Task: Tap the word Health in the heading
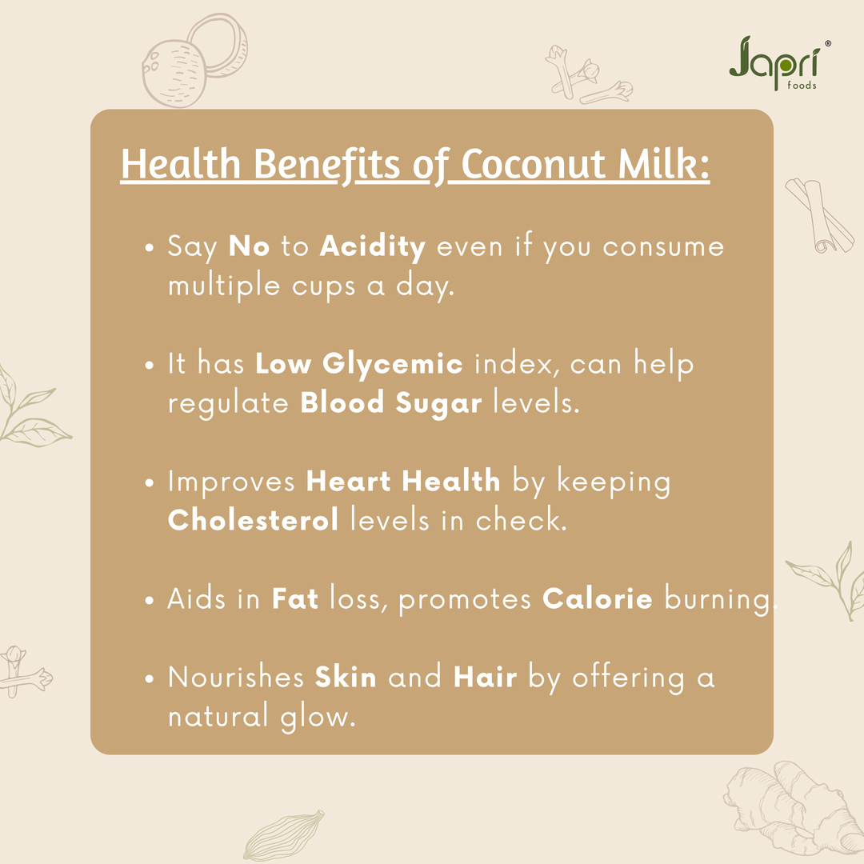coord(181,166)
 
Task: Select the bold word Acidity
coord(373,246)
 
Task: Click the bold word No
coord(250,246)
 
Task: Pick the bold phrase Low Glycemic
coord(359,364)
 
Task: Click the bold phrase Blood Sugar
coord(391,402)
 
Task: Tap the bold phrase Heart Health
coord(403,481)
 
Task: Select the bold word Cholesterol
coord(253,520)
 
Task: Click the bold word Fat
coord(295,599)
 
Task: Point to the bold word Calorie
coord(598,599)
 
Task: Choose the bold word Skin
coord(346,678)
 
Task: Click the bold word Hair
coord(486,678)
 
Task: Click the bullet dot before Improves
coord(150,484)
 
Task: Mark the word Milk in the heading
coord(662,166)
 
